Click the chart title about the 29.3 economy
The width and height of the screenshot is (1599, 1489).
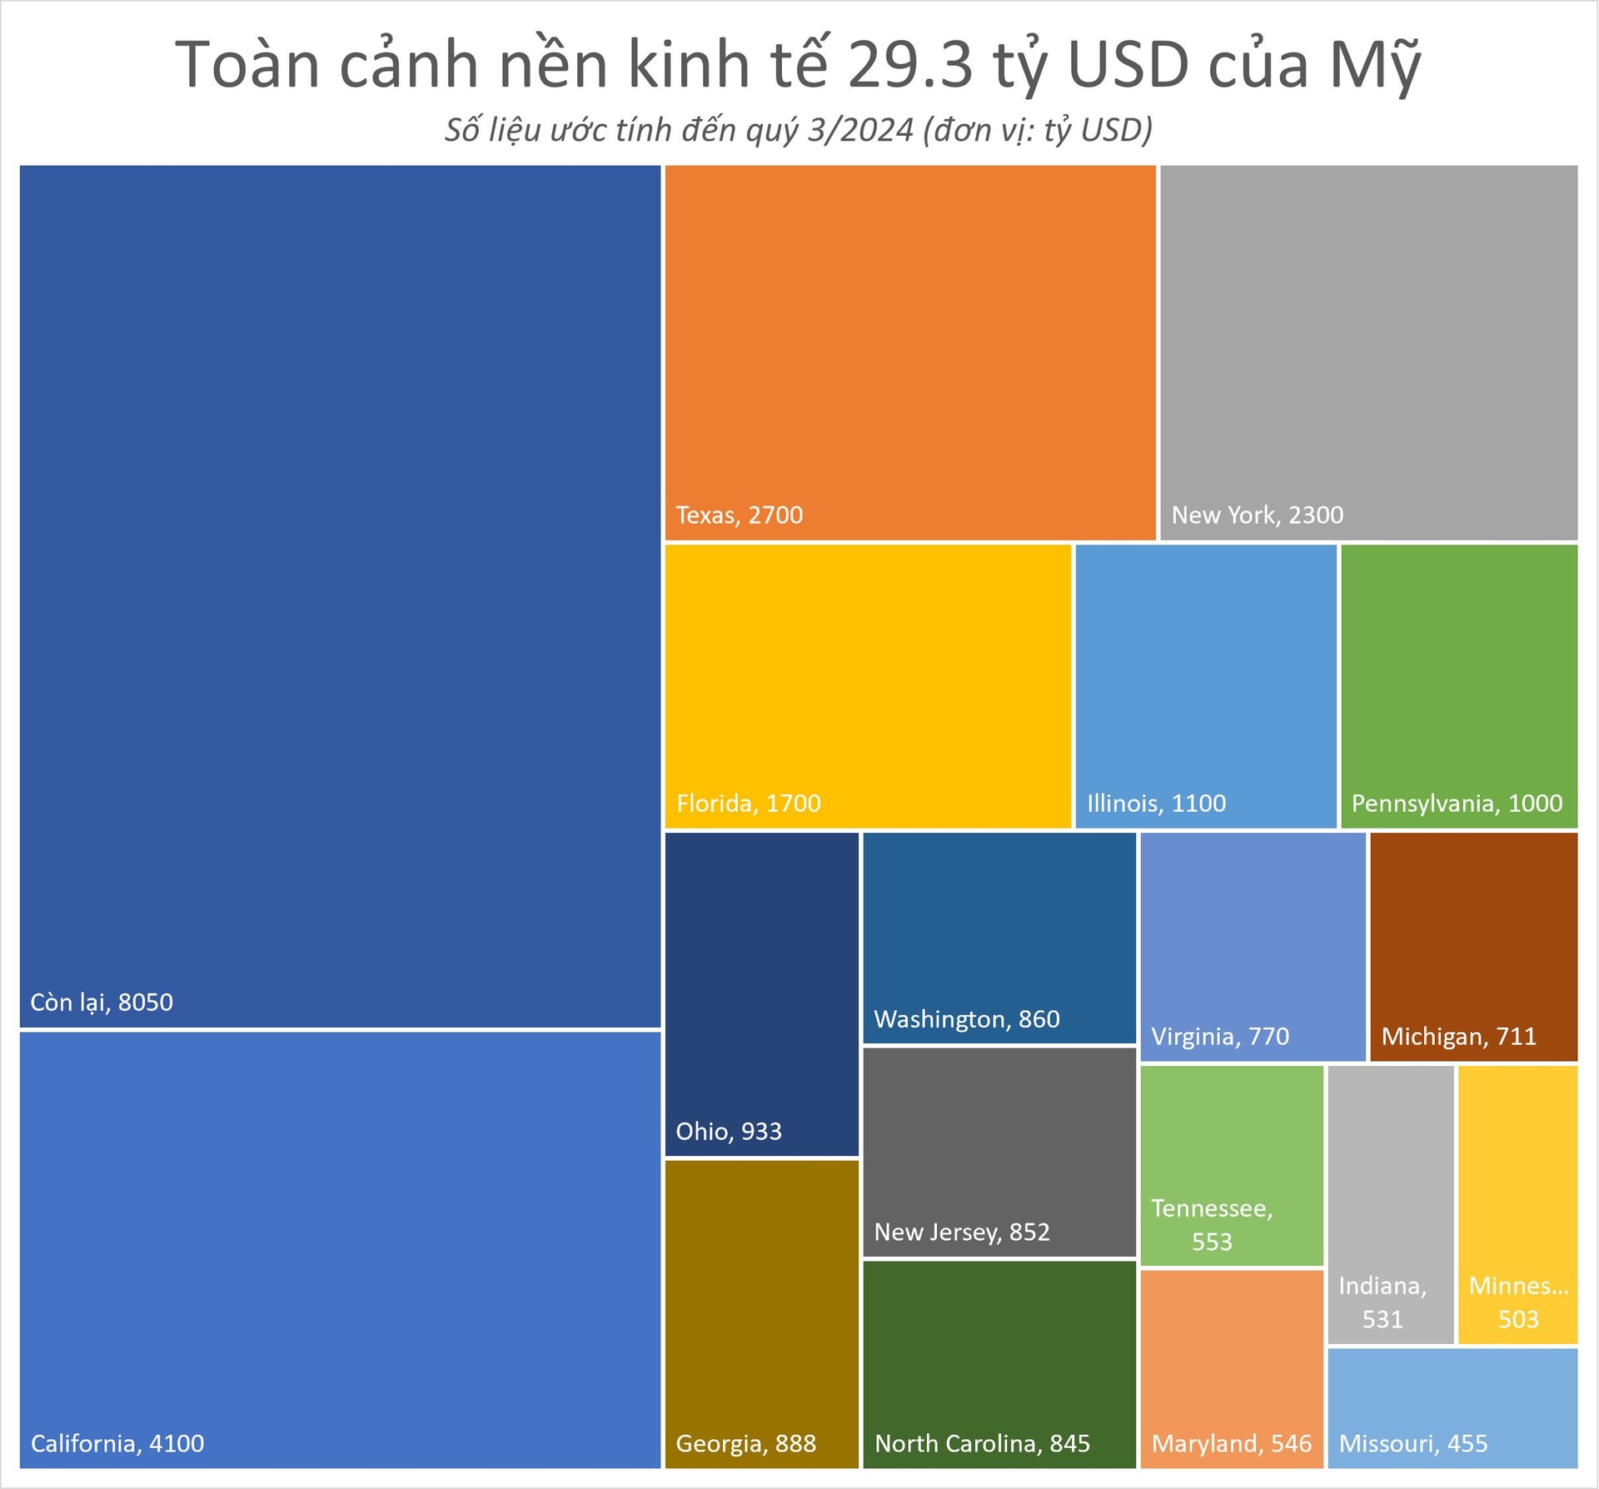[x=798, y=65]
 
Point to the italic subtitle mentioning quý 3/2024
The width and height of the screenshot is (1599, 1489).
[x=798, y=130]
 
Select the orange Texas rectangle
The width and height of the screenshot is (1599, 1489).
[x=909, y=333]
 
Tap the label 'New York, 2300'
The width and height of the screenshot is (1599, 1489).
[x=1257, y=515]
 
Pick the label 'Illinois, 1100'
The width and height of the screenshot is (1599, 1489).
[x=1156, y=804]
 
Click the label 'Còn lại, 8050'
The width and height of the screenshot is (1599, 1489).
[x=102, y=1002]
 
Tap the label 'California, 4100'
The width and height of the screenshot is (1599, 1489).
[x=117, y=1443]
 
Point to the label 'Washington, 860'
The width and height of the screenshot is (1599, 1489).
[x=966, y=1019]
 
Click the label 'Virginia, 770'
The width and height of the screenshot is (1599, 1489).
[x=1220, y=1037]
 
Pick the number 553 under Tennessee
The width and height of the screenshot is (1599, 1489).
[x=1212, y=1242]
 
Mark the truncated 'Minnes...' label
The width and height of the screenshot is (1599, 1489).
[x=1518, y=1286]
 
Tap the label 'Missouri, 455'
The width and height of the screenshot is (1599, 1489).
[x=1412, y=1443]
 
